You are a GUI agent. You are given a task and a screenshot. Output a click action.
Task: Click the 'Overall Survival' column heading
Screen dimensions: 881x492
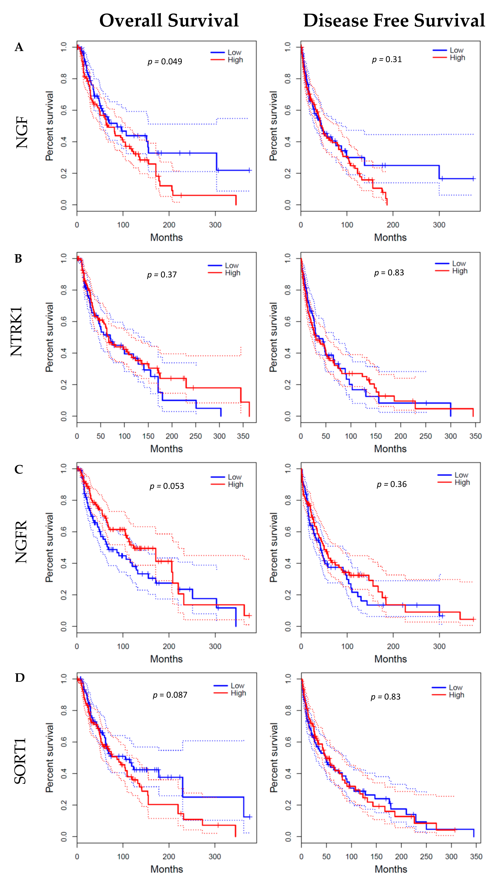169,21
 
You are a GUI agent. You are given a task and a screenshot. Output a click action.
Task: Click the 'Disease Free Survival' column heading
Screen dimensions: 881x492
394,21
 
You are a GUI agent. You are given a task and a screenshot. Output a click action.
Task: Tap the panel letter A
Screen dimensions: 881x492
19,47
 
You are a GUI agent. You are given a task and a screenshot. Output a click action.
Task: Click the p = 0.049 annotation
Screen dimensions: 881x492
165,62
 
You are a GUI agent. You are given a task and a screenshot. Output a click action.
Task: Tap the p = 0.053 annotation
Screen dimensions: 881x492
167,486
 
